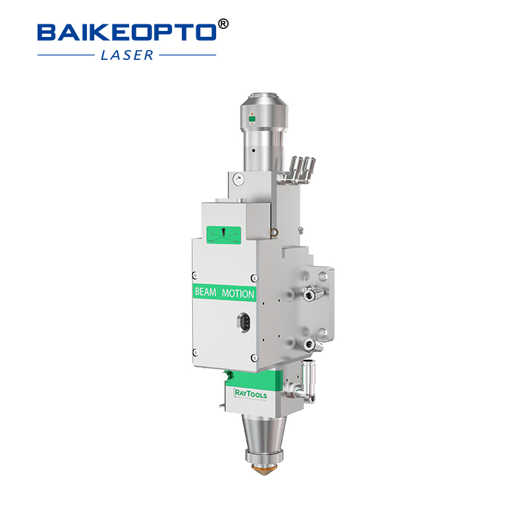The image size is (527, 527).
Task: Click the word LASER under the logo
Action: (127, 55)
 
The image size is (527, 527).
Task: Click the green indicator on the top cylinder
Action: (251, 119)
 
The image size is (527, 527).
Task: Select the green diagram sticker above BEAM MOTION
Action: (223, 235)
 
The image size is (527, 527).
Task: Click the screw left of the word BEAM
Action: (194, 275)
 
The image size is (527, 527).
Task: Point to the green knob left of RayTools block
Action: (228, 374)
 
